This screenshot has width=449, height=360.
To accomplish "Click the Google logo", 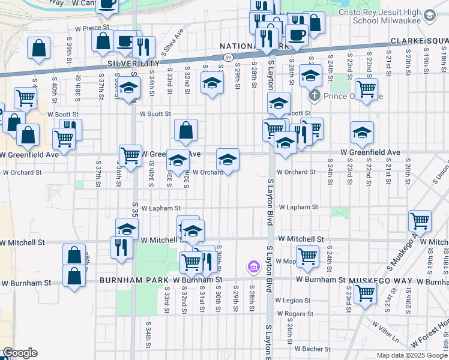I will tap(20, 353).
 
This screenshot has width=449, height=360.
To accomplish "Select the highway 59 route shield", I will tap(228, 57).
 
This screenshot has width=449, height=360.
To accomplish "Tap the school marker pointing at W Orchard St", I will tap(228, 160).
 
